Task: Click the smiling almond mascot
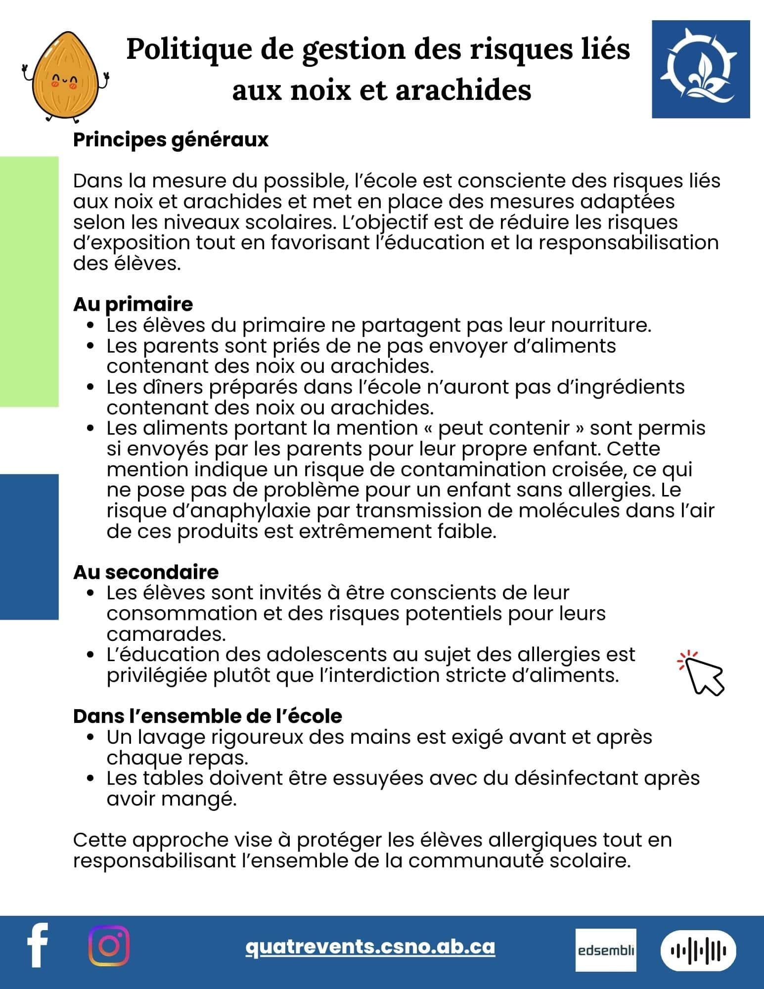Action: coord(66,77)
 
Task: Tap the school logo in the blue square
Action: coord(700,69)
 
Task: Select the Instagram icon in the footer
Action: coord(109,945)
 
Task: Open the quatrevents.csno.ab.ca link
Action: coord(370,946)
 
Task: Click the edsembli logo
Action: coord(605,949)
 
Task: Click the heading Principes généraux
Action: coord(171,140)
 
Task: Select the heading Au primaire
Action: coord(133,304)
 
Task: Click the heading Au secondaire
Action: coord(146,572)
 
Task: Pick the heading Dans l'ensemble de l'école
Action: coord(207,716)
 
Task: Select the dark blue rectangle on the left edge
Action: coord(29,546)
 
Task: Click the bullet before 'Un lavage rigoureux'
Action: coord(90,737)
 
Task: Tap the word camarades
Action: coord(166,634)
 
